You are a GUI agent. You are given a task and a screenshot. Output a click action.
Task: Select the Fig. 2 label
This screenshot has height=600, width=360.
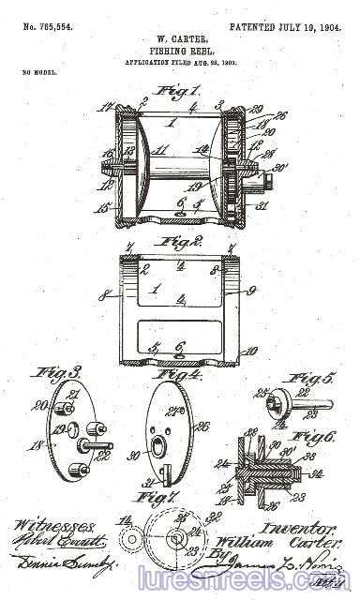coord(180,241)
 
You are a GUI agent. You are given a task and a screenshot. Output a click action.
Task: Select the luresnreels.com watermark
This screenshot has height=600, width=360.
coord(244,577)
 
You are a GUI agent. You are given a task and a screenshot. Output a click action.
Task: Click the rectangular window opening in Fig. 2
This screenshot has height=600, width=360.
coord(178,334)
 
